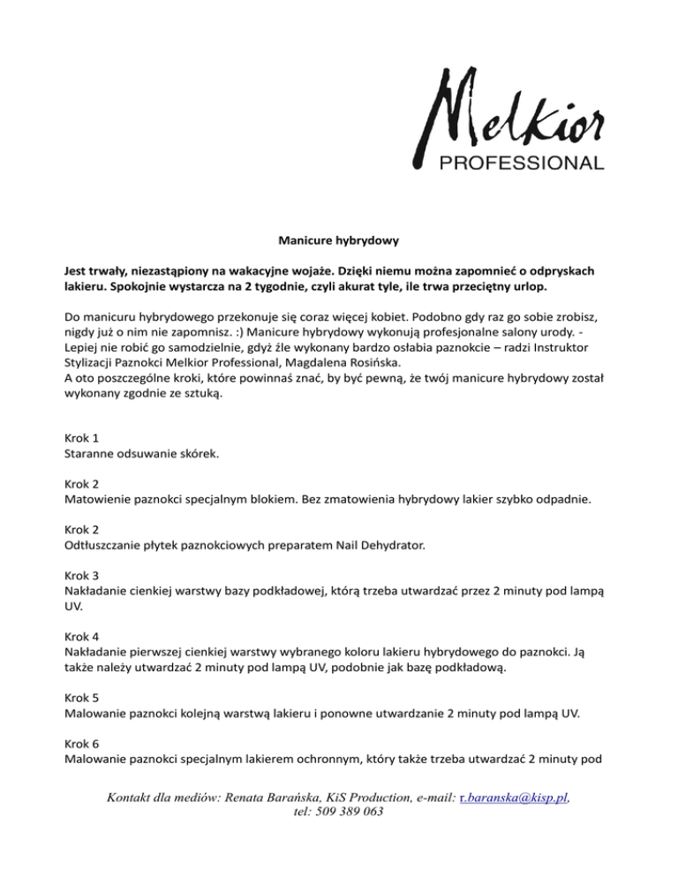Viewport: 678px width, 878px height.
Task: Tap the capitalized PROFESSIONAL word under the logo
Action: (522, 163)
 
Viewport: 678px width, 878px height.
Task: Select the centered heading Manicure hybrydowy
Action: (338, 238)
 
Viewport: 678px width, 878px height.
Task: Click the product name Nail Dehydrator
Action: (374, 546)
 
